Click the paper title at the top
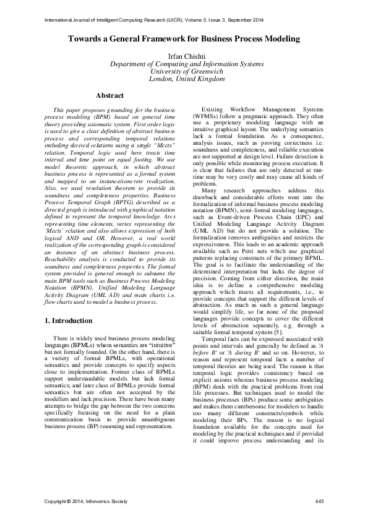(x=184, y=39)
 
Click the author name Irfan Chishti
(x=184, y=56)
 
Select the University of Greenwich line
(x=184, y=71)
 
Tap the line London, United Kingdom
(x=184, y=79)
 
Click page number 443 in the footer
(x=320, y=501)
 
